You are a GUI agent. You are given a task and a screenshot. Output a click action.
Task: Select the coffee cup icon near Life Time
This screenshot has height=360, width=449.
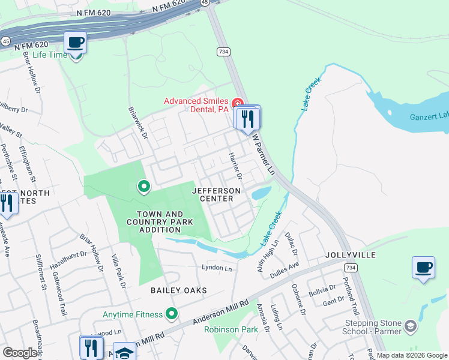point(76,42)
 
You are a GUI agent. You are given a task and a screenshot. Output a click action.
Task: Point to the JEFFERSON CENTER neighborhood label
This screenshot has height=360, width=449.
point(216,194)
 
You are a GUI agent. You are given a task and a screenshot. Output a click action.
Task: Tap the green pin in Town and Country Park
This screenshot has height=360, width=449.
point(143,187)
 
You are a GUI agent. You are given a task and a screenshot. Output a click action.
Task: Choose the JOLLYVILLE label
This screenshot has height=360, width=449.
point(351,255)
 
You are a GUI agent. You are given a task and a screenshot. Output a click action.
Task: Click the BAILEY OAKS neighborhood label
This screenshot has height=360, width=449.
point(178,290)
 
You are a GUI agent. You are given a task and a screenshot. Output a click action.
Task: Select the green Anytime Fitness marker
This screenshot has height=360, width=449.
point(172,314)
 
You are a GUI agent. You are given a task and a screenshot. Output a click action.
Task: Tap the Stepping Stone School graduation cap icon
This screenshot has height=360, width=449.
point(411,326)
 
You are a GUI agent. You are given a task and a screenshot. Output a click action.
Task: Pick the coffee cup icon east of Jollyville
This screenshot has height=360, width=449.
point(424,266)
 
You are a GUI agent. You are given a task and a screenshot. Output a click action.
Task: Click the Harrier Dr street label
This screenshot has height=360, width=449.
point(234,166)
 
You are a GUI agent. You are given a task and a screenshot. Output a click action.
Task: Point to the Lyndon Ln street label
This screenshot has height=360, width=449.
point(217,268)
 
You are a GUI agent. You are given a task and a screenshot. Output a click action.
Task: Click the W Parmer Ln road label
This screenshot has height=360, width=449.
point(263,154)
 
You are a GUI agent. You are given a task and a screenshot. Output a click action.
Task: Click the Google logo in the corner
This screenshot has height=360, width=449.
point(20,353)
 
